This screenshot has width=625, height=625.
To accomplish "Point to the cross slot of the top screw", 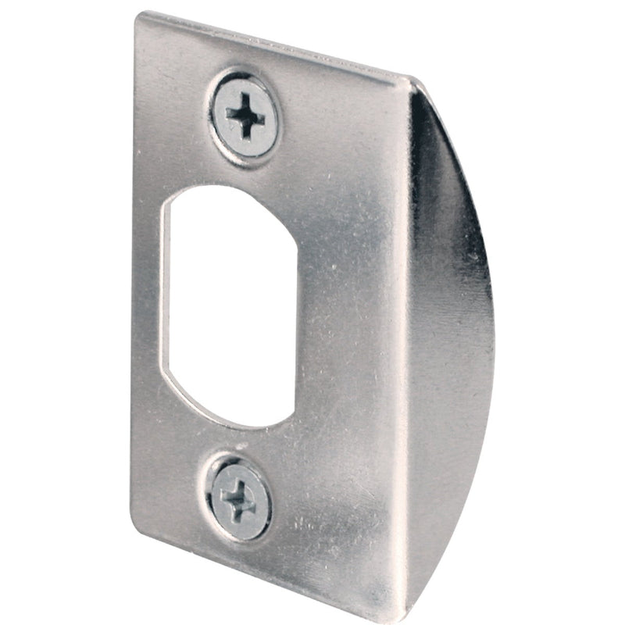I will tap(246, 118).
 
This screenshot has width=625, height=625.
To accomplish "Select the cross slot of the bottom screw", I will tap(237, 495).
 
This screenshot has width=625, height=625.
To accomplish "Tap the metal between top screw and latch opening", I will tap(234, 168).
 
